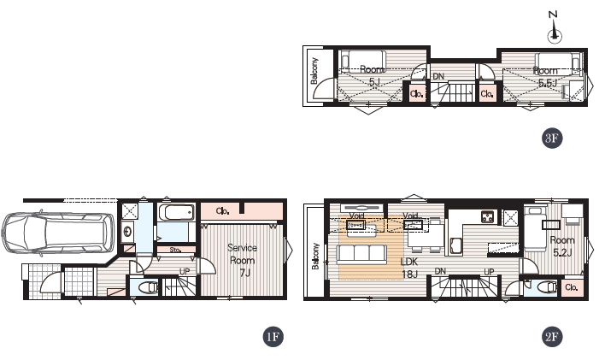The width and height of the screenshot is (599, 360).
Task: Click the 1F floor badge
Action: click(273, 337)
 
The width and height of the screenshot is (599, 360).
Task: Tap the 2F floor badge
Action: click(552, 337)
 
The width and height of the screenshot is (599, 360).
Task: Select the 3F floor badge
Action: click(552, 138)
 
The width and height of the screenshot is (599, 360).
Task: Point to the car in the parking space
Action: click(58, 233)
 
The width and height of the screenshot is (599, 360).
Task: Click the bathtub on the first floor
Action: click(176, 212)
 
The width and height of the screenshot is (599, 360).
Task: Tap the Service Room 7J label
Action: click(242, 260)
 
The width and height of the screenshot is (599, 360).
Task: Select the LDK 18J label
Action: click(409, 268)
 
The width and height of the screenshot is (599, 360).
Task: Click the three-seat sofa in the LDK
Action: click(361, 254)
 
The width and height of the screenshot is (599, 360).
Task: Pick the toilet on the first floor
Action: click(148, 287)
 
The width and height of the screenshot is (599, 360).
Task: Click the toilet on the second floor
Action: click(549, 286)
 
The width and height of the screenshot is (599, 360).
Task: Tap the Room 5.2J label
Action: click(562, 246)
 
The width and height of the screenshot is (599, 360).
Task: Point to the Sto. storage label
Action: click(175, 250)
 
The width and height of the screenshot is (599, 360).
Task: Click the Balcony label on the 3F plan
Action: click(314, 71)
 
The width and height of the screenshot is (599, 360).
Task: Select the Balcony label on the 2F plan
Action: click(315, 256)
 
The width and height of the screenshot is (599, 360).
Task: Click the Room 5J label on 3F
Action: click(372, 75)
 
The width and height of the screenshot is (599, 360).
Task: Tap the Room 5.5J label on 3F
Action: click(546, 77)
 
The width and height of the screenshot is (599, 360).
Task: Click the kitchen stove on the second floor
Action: click(488, 216)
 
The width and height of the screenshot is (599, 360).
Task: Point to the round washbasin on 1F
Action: click(127, 231)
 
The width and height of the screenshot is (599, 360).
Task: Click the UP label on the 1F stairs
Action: click(185, 272)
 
